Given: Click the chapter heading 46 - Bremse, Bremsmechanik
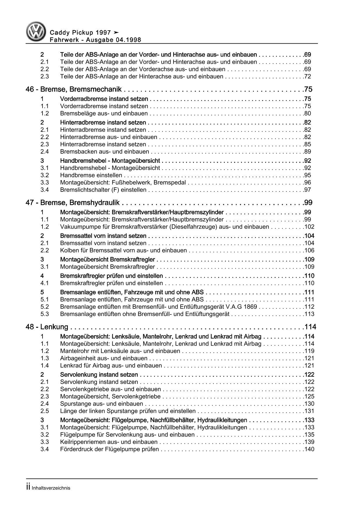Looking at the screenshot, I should pyautogui.click(x=74, y=89).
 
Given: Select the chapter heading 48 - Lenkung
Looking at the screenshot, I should pyautogui.click(x=47, y=327).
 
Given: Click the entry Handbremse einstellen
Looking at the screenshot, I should pyautogui.click(x=91, y=175).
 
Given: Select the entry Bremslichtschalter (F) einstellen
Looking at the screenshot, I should pyautogui.click(x=103, y=190).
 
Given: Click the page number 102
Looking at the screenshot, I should pyautogui.click(x=309, y=227).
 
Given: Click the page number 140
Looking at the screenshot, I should pyautogui.click(x=309, y=449).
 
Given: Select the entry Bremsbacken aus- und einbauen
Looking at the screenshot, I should pyautogui.click(x=105, y=152).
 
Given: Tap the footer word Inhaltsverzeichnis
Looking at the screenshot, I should pyautogui.click(x=51, y=488).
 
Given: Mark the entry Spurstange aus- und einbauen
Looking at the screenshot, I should pyautogui.click(x=102, y=404).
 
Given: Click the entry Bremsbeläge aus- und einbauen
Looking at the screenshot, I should pyautogui.click(x=104, y=113).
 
